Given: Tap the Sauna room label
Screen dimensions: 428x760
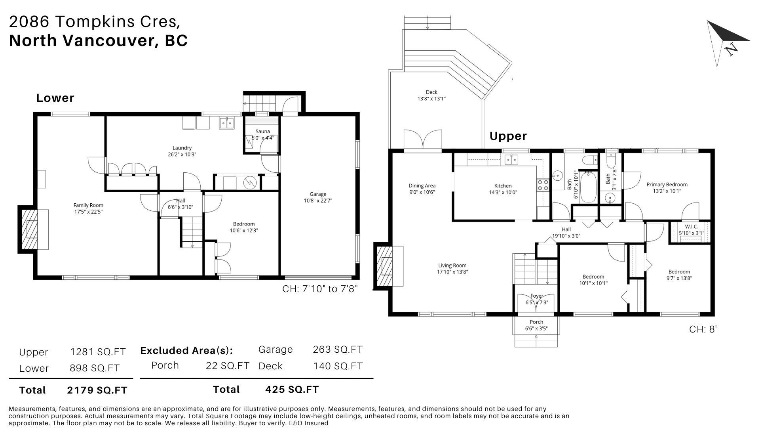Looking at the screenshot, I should (263, 132).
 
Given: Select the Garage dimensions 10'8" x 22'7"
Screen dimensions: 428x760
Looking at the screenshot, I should (318, 201).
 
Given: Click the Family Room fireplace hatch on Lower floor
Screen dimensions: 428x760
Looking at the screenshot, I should (28, 229).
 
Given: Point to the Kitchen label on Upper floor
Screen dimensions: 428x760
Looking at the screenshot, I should (503, 186).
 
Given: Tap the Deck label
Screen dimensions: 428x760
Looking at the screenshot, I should (431, 92).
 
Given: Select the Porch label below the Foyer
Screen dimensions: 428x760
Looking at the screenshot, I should (536, 322).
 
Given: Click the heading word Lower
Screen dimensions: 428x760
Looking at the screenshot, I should (55, 98).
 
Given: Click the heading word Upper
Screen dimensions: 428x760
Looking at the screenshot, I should (508, 136).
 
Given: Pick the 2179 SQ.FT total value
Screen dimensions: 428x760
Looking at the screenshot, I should (97, 390).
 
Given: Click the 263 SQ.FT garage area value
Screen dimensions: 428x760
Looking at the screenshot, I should (338, 350).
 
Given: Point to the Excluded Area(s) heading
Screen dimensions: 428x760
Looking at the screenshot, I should (186, 351).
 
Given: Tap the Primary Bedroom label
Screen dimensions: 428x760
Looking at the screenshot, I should (667, 185).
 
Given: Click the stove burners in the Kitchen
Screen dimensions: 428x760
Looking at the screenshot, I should (542, 185).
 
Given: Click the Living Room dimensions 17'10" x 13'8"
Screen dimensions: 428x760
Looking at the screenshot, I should (452, 272).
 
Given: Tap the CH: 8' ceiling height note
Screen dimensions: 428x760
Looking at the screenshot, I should (703, 329).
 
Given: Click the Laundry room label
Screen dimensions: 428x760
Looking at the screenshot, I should (182, 148).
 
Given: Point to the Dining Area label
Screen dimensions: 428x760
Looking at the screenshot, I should (422, 186).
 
